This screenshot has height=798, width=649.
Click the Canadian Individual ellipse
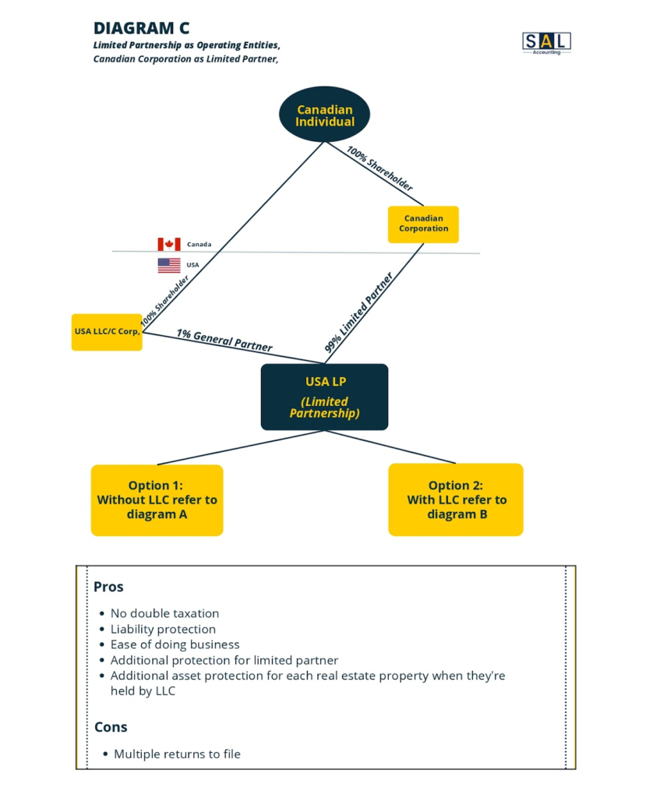coord(324,114)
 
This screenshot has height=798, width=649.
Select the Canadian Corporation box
coord(423,224)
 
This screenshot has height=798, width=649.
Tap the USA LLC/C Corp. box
coord(107,332)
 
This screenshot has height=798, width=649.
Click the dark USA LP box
coord(324,397)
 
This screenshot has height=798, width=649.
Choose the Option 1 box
coord(157,500)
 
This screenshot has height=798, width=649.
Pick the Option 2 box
coord(456,500)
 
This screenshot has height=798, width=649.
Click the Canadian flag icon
coord(169,244)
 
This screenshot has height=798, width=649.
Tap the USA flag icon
coord(169,265)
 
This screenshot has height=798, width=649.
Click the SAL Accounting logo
coord(547,43)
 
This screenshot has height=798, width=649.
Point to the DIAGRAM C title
coord(141,28)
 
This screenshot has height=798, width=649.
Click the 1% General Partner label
coord(224,340)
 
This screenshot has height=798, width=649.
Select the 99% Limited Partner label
coord(359,312)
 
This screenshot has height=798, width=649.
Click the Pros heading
coord(108,587)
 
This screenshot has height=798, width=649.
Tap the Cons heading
coord(111,727)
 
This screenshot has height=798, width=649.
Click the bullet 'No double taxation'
coord(165,613)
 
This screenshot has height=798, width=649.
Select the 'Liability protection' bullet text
coord(164,629)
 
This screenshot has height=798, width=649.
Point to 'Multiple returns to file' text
coord(177,754)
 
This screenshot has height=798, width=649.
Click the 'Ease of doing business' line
coord(175,644)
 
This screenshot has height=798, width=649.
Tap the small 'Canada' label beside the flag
coord(199,244)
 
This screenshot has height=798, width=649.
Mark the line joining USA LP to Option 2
coord(390,447)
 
